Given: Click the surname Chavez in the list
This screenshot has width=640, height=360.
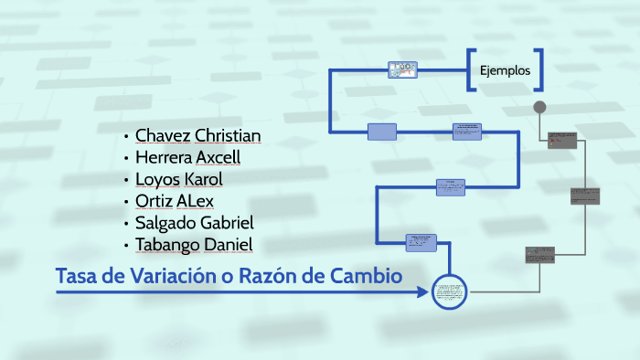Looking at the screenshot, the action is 163,136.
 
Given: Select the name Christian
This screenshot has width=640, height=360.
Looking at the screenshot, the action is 228,136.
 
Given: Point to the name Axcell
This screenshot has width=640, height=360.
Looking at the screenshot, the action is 219,157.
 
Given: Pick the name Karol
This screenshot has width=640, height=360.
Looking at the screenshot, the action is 203,178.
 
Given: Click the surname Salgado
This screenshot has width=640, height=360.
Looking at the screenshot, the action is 167,222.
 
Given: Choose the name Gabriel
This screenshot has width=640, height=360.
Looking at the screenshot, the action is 229,222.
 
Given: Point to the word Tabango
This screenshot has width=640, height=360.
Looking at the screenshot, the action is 168,244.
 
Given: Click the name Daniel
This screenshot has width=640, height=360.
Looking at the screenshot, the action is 229,244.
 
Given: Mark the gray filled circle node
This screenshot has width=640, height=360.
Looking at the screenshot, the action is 539,107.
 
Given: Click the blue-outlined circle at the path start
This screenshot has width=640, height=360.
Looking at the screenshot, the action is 450,292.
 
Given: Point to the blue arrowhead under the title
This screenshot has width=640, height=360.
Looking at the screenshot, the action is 422,293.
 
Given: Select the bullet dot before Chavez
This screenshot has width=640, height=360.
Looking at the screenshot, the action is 125,137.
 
